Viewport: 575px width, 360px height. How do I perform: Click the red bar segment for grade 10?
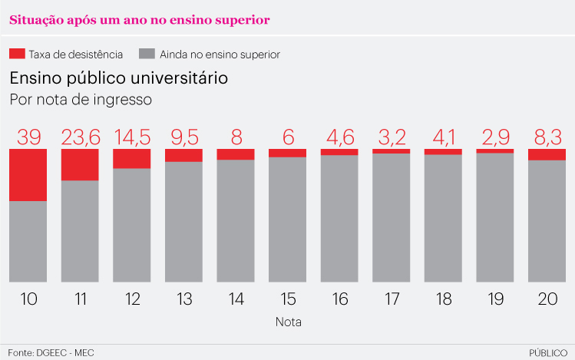pos(28,175)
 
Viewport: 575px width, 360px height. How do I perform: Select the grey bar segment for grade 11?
pos(80,230)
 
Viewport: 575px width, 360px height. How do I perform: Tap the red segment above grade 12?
pos(132,158)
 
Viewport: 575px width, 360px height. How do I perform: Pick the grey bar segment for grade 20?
pos(547,221)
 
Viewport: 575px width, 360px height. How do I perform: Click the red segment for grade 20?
pos(547,154)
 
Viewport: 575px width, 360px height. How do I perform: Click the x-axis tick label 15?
pos(287,299)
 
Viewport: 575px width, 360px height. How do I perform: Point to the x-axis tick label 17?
pos(391,299)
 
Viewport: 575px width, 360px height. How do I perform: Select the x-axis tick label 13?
pos(183,299)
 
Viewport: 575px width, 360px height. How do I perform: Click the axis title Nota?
pos(288,322)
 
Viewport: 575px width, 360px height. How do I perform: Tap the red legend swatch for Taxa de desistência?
pos(17,54)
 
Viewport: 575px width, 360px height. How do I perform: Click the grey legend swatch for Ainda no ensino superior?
pos(147,54)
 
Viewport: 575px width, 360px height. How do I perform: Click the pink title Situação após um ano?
pos(139,20)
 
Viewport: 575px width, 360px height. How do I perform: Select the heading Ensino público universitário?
pos(118,78)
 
